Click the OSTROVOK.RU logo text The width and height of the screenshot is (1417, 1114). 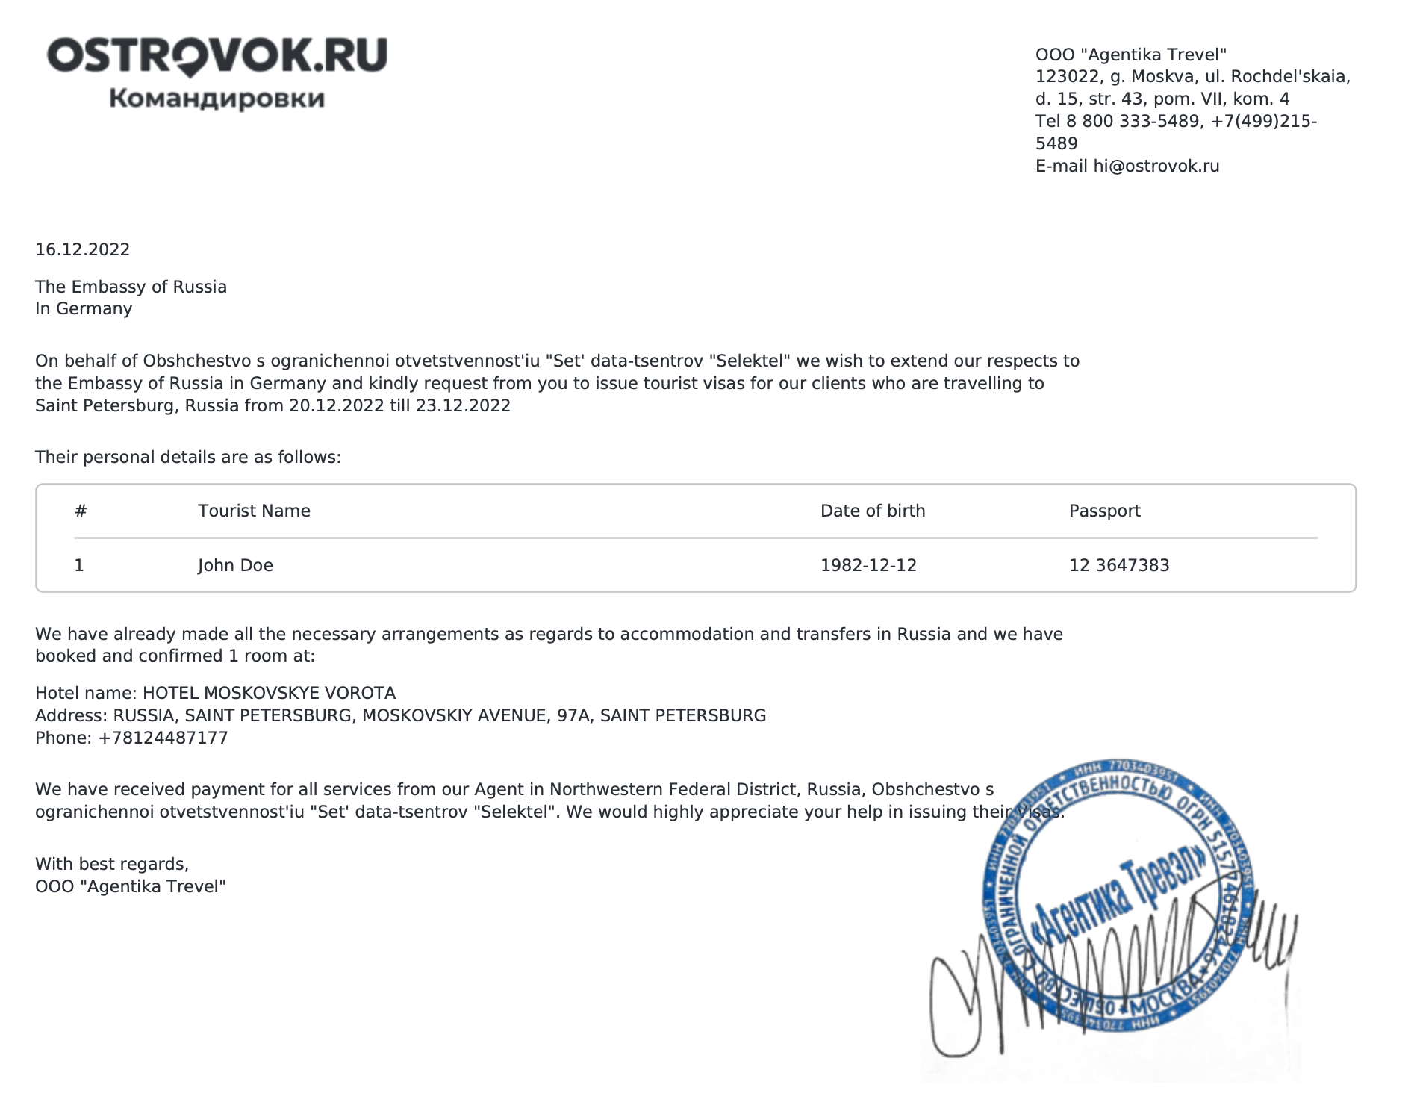217,56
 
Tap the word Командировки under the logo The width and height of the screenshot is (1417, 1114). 217,99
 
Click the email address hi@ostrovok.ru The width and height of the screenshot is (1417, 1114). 1156,167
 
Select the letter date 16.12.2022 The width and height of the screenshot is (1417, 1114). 83,250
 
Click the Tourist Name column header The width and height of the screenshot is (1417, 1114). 254,511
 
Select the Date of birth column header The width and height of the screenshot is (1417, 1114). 873,511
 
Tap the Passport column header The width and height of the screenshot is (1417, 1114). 1104,511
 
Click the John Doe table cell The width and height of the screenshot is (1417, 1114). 235,566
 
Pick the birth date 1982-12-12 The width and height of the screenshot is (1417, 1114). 868,566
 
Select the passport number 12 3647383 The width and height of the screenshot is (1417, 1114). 1119,566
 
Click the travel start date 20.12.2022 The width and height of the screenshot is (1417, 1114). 337,406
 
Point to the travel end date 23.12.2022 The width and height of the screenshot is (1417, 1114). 464,406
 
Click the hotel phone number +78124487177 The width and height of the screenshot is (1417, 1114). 163,738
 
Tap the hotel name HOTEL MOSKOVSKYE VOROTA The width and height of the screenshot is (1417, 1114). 269,694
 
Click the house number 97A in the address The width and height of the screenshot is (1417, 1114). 573,716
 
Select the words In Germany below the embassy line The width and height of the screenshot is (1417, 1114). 84,309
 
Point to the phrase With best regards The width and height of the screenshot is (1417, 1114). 112,865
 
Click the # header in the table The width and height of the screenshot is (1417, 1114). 81,511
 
